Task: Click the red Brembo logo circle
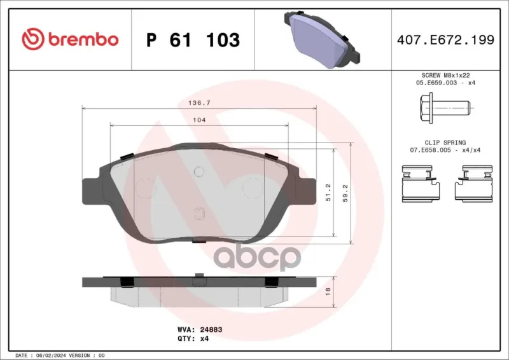click(x=33, y=39)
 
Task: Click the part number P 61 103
click(x=193, y=40)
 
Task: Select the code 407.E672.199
click(x=446, y=39)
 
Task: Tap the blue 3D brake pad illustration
click(x=322, y=39)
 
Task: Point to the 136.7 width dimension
click(x=200, y=103)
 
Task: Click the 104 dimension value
click(x=199, y=120)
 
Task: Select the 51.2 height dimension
click(x=328, y=193)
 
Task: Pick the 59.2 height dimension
click(x=345, y=193)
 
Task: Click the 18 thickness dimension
click(x=328, y=291)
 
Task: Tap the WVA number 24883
click(x=211, y=329)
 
